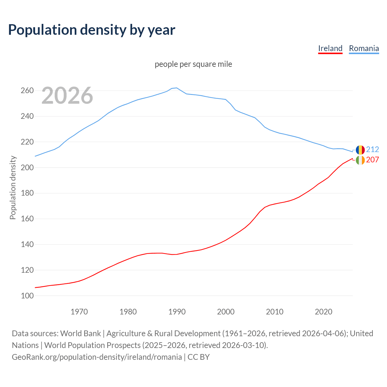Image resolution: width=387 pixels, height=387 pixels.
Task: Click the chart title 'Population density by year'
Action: (92, 30)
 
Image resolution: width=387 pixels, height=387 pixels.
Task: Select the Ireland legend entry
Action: (330, 48)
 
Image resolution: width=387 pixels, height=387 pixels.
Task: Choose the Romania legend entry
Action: (364, 48)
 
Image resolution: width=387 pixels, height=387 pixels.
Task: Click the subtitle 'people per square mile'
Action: (193, 64)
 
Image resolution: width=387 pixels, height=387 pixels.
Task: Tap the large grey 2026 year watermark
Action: (67, 96)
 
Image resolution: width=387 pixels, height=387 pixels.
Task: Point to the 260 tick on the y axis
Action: (27, 91)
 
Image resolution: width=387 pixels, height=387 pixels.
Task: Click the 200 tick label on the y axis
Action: (27, 167)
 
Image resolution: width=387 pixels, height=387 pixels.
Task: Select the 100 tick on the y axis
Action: (27, 296)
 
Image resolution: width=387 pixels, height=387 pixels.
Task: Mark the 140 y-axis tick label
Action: (27, 244)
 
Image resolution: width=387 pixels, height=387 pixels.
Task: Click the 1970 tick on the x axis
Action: (79, 312)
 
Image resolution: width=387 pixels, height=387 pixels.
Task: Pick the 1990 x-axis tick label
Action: (177, 312)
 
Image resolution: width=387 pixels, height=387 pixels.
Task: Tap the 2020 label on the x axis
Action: (324, 312)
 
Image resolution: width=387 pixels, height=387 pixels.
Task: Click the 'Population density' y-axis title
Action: (13, 187)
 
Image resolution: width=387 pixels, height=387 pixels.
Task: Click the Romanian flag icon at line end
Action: (360, 150)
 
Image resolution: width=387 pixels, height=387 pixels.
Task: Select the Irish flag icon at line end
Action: (360, 160)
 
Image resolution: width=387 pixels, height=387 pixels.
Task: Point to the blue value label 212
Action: (372, 149)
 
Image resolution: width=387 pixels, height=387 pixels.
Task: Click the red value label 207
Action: (372, 160)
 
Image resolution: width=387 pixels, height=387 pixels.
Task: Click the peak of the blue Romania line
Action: (177, 88)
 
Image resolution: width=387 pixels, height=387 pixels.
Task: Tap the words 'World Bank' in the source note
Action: (80, 333)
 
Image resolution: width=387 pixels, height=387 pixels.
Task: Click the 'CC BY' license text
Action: (199, 357)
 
